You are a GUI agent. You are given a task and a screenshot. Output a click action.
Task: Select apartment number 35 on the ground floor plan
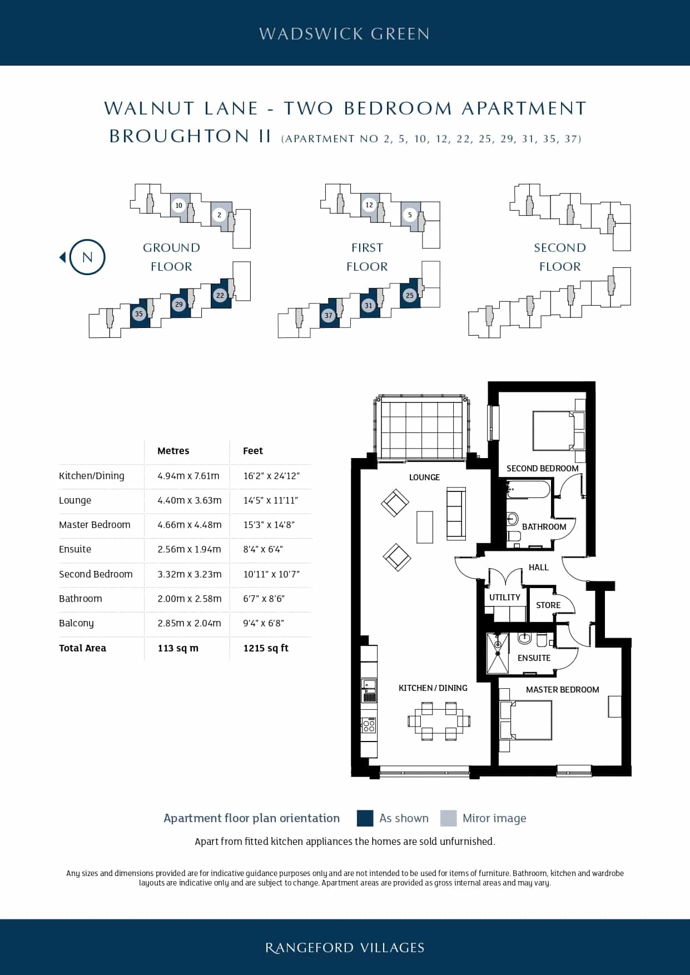tap(139, 314)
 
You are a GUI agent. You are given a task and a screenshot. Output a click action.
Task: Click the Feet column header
tap(253, 451)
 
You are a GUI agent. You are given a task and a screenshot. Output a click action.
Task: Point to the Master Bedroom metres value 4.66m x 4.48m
tap(190, 525)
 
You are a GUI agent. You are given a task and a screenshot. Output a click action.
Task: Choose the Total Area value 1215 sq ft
tap(266, 648)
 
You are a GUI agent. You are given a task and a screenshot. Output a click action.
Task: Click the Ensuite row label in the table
tap(75, 549)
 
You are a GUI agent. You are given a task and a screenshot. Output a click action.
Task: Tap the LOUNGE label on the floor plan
tap(424, 477)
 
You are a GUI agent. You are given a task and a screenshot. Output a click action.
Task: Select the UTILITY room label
tap(505, 598)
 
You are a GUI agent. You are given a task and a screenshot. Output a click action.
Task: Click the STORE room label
tap(548, 605)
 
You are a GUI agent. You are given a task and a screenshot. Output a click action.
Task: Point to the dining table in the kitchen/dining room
tap(439, 722)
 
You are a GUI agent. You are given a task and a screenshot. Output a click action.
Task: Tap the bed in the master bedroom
tap(526, 720)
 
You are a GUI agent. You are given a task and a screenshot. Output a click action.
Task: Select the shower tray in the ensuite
tap(498, 653)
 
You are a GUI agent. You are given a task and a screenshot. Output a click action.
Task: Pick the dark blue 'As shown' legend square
tap(365, 818)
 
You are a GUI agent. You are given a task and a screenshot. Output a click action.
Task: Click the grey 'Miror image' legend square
tap(448, 818)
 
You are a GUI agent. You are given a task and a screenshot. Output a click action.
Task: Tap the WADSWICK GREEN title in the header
tap(345, 34)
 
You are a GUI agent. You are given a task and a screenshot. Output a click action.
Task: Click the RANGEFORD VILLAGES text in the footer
tap(345, 948)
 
